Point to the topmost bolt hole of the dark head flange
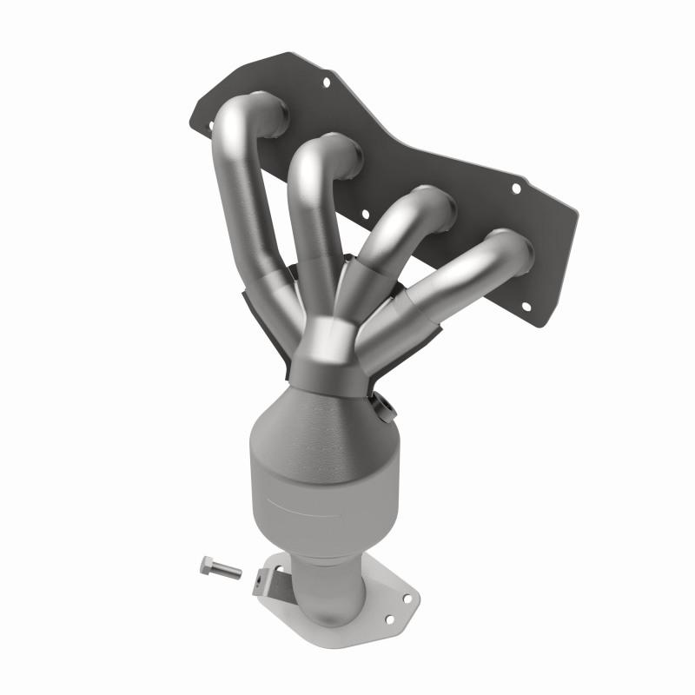327,84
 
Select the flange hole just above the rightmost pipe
515,187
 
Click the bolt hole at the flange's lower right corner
526,305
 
